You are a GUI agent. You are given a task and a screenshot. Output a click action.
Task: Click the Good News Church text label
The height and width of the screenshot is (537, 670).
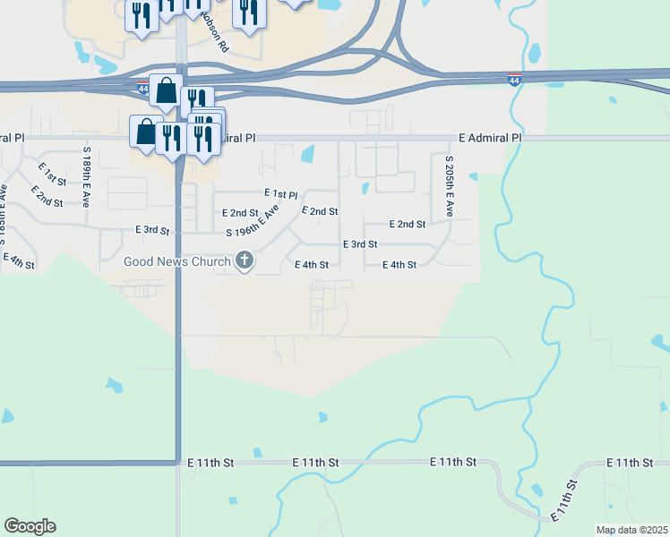(176, 261)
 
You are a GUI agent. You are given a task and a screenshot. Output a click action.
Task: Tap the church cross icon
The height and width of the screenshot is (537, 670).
(245, 261)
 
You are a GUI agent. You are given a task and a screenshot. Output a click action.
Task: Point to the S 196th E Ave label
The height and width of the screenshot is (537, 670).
(253, 221)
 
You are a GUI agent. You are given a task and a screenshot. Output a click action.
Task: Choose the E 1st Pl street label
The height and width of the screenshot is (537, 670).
(280, 194)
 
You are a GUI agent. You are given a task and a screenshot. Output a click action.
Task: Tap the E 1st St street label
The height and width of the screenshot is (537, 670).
(53, 174)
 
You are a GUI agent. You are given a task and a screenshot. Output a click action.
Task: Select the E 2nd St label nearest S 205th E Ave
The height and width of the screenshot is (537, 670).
(408, 225)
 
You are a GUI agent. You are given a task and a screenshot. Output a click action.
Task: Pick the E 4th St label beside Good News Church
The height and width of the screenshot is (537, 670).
(312, 265)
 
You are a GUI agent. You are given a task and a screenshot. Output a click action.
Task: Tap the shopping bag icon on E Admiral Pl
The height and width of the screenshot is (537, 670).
(146, 131)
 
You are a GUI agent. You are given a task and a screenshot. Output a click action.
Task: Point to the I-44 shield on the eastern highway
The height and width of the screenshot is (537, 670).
(514, 80)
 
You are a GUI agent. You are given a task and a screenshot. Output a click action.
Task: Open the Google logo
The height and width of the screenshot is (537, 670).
(30, 526)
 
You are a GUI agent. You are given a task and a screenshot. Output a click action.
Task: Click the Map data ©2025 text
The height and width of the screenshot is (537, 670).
(631, 530)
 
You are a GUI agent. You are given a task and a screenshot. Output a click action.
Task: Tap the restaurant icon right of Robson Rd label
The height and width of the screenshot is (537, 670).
(249, 13)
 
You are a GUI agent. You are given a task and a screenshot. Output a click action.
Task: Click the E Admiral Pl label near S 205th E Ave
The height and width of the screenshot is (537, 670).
(489, 138)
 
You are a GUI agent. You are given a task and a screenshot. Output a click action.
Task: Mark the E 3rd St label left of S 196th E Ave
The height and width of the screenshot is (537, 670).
(152, 230)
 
